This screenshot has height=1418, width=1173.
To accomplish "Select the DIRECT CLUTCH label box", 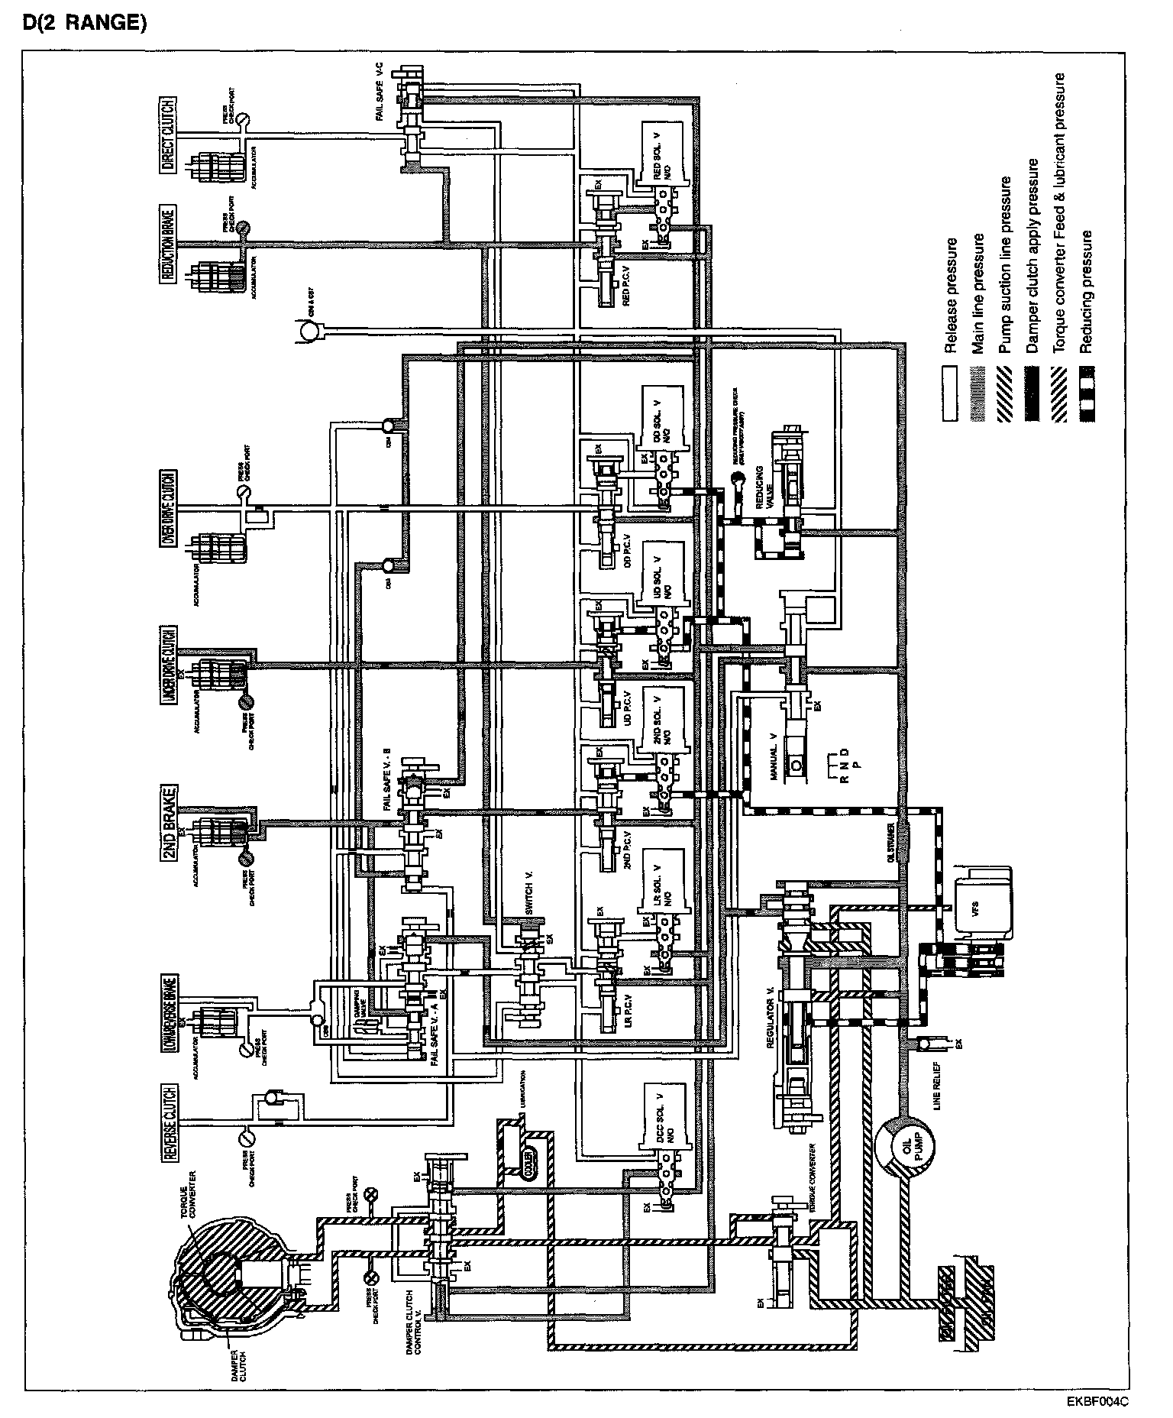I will coord(168,145).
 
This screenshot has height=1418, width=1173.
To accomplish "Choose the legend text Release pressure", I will coord(951,296).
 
